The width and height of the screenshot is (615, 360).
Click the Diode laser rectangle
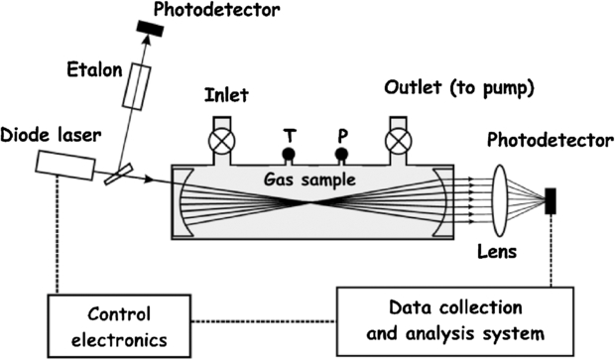66,165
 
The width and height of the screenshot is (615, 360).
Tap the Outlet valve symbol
398,140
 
